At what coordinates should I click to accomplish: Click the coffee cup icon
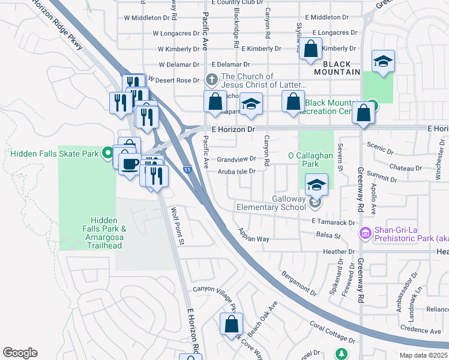pyautogui.click(x=130, y=163)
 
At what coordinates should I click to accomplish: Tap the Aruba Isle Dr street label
pyautogui.click(x=237, y=172)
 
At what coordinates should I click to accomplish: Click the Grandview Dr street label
pyautogui.click(x=237, y=160)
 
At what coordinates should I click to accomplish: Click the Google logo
pyautogui.click(x=20, y=353)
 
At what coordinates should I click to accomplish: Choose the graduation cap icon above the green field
pyautogui.click(x=383, y=61)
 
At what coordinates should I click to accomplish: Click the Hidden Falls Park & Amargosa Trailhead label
pyautogui.click(x=106, y=233)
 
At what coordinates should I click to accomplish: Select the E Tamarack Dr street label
pyautogui.click(x=333, y=222)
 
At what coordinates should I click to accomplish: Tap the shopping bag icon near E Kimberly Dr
pyautogui.click(x=311, y=50)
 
